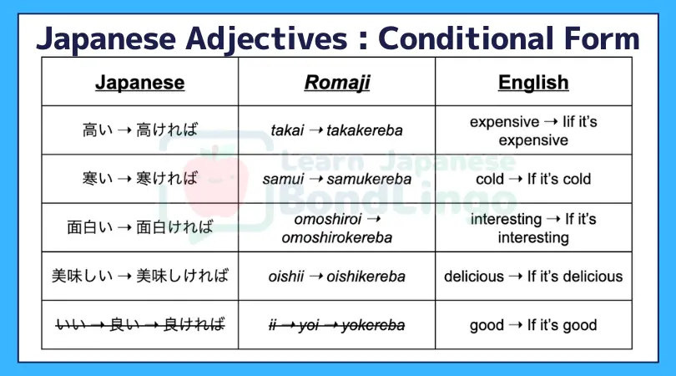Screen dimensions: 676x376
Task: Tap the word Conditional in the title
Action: click(466, 38)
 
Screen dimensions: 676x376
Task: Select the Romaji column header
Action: click(336, 83)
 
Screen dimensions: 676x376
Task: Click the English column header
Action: click(533, 82)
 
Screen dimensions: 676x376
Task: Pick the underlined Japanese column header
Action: click(139, 83)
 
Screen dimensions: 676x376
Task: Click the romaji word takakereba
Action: click(365, 130)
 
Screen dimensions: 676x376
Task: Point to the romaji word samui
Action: click(283, 179)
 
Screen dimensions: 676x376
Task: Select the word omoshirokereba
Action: click(336, 237)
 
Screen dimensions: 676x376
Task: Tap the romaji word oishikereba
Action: click(366, 277)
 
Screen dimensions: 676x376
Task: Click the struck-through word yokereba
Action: click(373, 325)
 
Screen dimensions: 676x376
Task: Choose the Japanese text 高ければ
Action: click(167, 130)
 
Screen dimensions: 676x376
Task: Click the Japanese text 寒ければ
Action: click(167, 178)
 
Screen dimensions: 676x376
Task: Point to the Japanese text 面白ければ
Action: click(174, 227)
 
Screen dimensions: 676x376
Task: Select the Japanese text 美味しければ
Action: click(183, 276)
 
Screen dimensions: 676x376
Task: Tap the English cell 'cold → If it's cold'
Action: click(533, 179)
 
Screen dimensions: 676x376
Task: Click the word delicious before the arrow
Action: click(474, 277)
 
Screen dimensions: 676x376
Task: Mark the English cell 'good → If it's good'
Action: click(533, 325)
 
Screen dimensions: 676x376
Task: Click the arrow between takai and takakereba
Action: click(315, 130)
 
